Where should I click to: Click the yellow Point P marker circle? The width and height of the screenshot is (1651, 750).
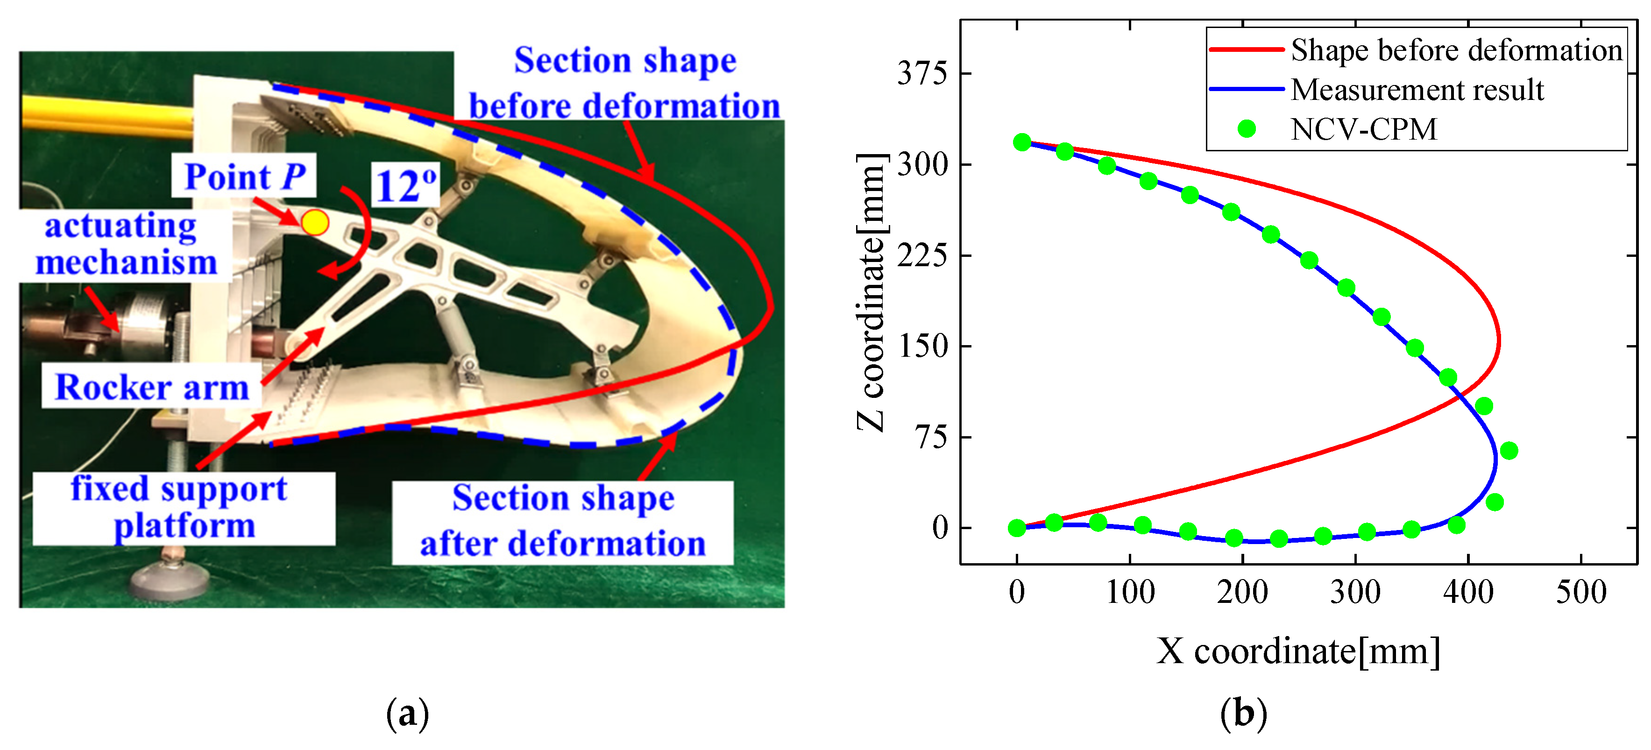[315, 222]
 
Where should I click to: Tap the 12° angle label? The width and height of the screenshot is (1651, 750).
[406, 186]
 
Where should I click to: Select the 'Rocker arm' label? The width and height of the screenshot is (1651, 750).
[152, 387]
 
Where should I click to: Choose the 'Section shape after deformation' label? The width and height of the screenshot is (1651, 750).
[563, 521]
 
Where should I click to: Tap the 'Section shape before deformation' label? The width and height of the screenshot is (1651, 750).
[625, 83]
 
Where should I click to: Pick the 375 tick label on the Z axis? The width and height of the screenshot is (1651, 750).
[921, 74]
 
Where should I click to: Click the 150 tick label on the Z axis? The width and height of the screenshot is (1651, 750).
[921, 346]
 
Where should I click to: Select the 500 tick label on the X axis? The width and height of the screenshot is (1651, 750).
[1581, 592]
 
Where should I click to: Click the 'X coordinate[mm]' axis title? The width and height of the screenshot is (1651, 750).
[1298, 652]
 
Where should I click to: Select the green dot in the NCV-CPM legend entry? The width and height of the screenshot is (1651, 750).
[1247, 129]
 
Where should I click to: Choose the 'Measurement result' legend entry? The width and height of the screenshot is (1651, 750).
[1417, 90]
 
